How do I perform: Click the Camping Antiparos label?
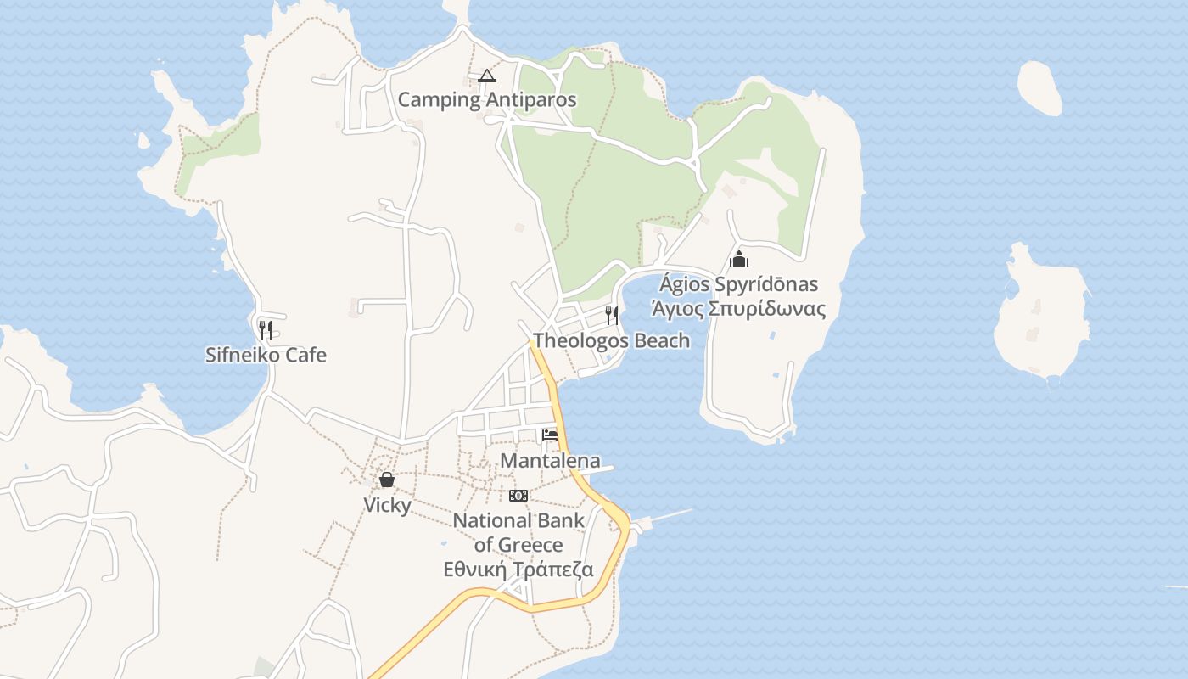(x=487, y=100)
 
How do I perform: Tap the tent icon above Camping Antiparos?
(x=486, y=76)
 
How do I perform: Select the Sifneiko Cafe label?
(x=266, y=355)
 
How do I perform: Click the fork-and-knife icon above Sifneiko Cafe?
(x=266, y=329)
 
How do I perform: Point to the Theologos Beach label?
(x=611, y=341)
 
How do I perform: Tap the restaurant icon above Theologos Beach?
(x=612, y=316)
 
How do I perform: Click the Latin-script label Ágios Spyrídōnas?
(x=738, y=284)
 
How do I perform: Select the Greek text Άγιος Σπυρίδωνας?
(x=738, y=308)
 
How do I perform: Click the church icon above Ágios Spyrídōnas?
(x=739, y=259)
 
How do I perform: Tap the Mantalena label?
(x=550, y=461)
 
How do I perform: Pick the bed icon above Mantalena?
(x=550, y=435)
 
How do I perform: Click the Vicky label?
(x=387, y=505)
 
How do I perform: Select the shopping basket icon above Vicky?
(x=387, y=480)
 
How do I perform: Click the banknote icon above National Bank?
(x=518, y=496)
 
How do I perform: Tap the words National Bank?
(x=518, y=521)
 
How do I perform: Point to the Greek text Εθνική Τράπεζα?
(x=518, y=570)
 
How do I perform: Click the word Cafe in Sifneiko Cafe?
(x=307, y=355)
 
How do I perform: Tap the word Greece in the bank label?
(x=530, y=545)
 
